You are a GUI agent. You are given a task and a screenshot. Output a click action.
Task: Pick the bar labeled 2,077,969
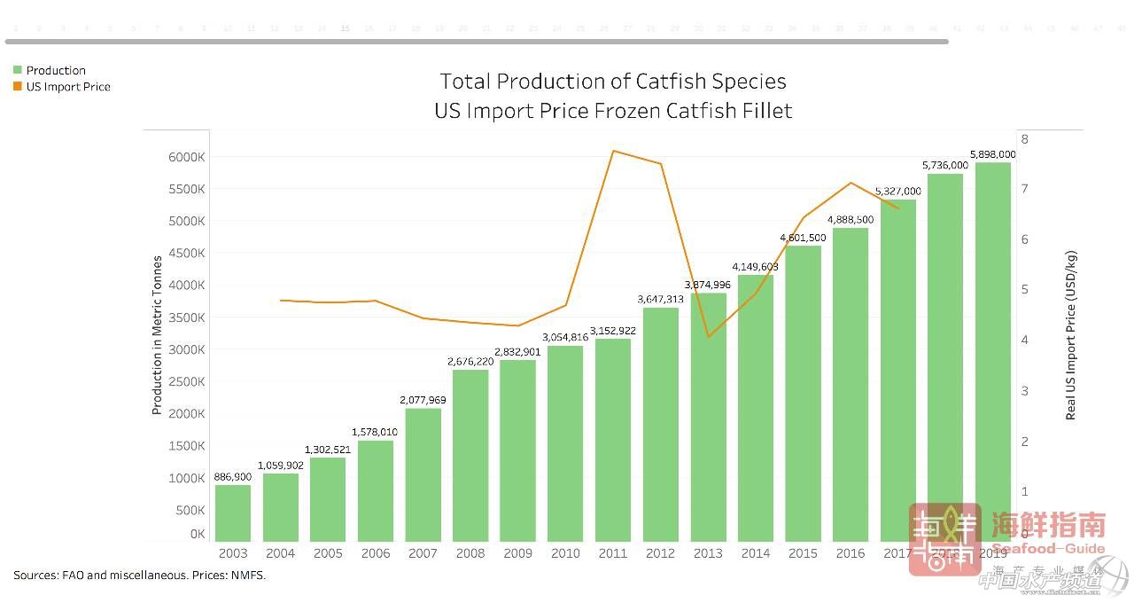pos(423,474)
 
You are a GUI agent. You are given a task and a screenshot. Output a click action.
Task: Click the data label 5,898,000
pos(992,154)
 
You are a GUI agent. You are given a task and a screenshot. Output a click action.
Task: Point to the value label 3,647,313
pos(660,300)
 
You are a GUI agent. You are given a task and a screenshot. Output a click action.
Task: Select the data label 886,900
pos(233,477)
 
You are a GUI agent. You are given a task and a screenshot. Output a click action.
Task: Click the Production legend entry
pos(55,70)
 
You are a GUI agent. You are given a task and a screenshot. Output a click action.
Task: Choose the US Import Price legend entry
pos(67,87)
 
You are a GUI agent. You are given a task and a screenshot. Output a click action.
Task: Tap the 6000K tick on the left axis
pos(186,157)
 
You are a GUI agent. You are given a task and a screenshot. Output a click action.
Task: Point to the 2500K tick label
pos(186,381)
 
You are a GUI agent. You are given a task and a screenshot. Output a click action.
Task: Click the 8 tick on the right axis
pos(1024,139)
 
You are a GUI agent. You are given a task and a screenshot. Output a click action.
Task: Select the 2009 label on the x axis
pos(518,553)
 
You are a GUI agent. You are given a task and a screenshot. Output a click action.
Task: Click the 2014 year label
pos(756,553)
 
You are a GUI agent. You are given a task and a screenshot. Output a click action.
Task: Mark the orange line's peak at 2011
pos(613,151)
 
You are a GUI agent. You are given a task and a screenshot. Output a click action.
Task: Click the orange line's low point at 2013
pos(708,336)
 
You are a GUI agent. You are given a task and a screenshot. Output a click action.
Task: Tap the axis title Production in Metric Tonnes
pos(158,335)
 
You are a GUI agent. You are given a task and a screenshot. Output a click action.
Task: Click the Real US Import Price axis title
pos(1070,335)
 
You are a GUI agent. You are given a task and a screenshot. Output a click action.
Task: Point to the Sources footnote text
pos(139,575)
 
